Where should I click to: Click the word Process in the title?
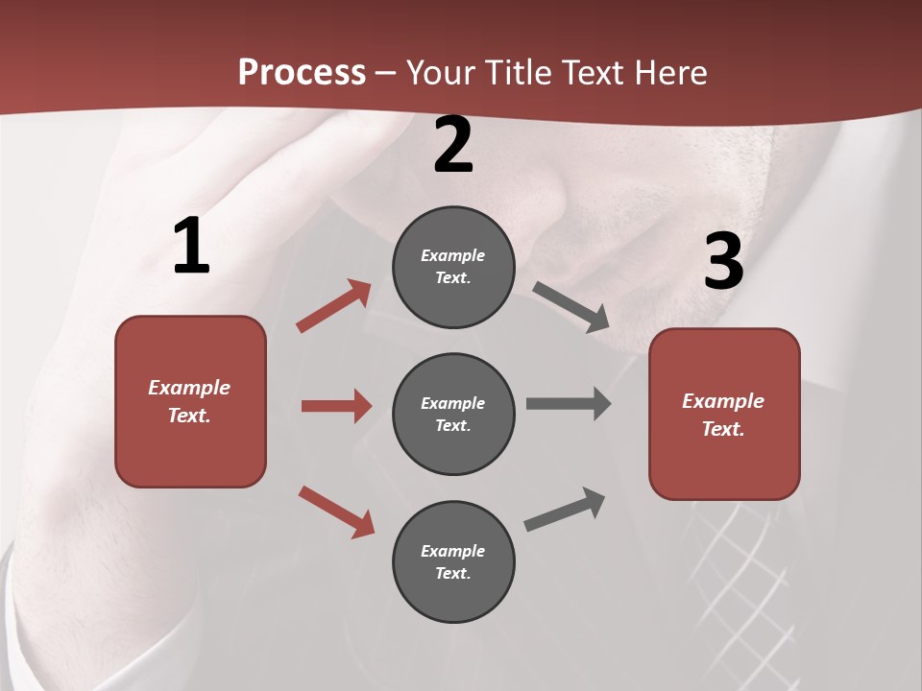(x=302, y=72)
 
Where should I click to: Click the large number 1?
(x=191, y=247)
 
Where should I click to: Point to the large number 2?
(x=453, y=146)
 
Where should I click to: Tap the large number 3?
(x=723, y=262)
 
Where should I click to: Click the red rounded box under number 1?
(x=190, y=401)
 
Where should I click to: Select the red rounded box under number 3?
(x=724, y=414)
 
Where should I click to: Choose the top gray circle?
(x=453, y=267)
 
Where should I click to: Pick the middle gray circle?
(x=453, y=414)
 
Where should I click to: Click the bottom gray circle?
(x=453, y=561)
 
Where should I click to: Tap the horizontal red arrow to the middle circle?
(x=336, y=406)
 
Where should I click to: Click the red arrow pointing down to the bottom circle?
(x=336, y=512)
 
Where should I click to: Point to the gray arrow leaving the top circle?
(x=571, y=307)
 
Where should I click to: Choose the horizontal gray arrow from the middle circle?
(x=569, y=403)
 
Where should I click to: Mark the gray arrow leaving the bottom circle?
(x=565, y=510)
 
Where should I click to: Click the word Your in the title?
(x=441, y=72)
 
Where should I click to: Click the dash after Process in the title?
(x=386, y=73)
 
